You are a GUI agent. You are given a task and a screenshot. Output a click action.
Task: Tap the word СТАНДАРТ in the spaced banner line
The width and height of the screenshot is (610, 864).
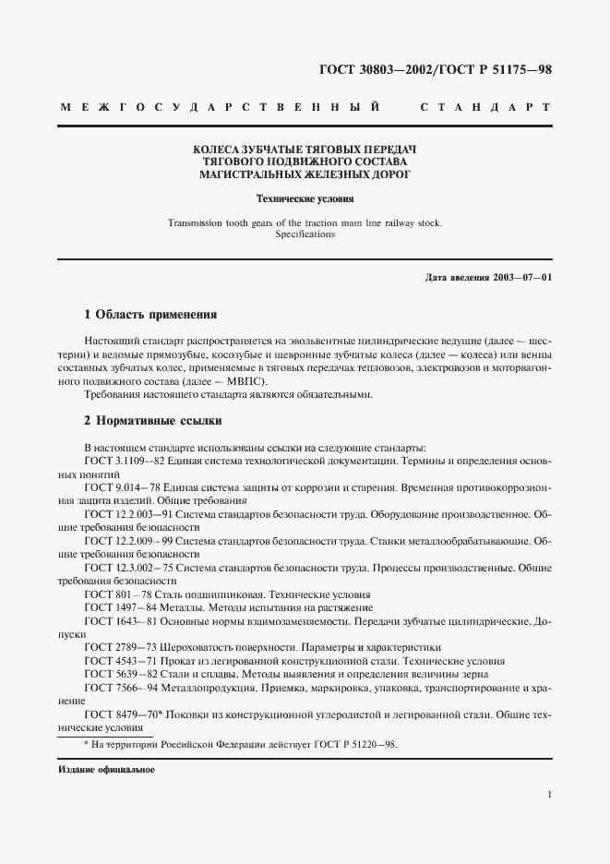point(485,108)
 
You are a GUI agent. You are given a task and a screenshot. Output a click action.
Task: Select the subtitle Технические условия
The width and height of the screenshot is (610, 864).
point(305,198)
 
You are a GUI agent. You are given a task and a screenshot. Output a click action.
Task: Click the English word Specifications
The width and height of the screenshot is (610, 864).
point(305,234)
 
